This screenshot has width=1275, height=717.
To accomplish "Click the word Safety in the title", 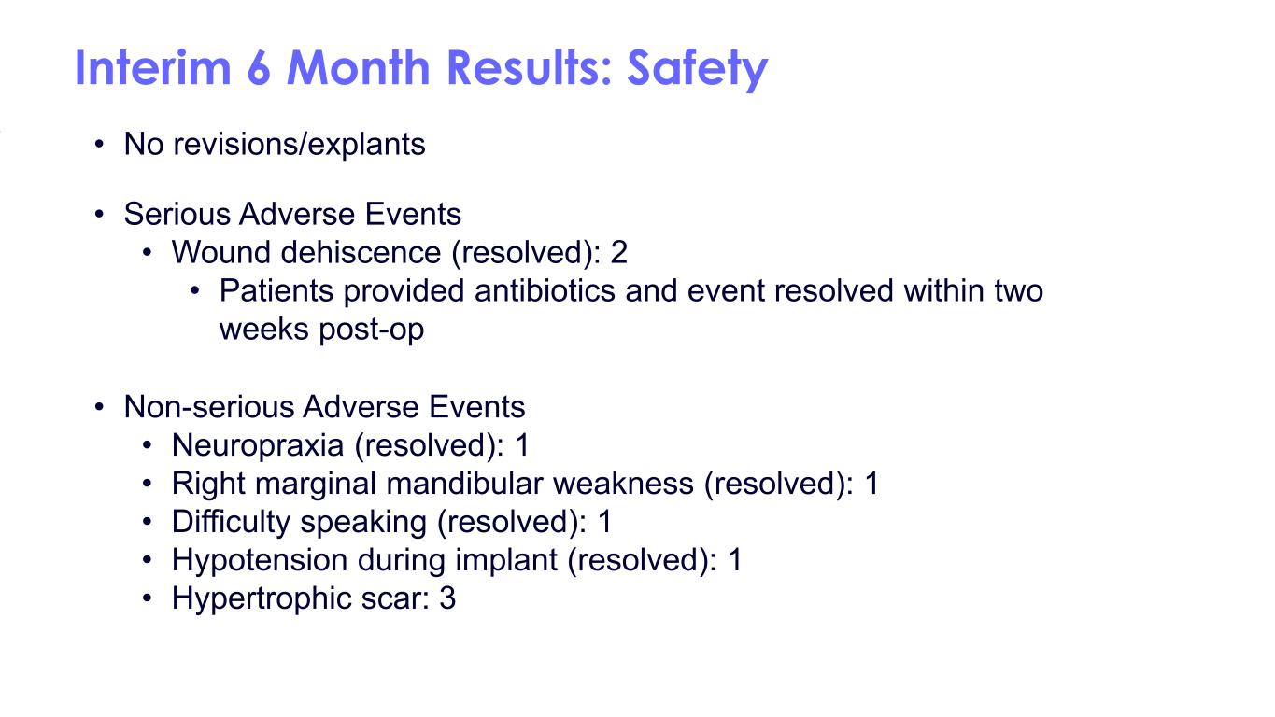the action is [x=697, y=69].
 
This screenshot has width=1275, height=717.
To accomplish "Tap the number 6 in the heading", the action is [x=259, y=68].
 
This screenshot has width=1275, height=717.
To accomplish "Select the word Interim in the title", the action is [x=152, y=68].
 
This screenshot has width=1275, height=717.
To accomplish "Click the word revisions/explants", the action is [x=300, y=144].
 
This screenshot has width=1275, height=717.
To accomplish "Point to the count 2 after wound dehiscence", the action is [x=618, y=252].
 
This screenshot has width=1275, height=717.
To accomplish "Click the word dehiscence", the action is [x=361, y=252].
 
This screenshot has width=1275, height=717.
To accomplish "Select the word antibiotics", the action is [x=545, y=290].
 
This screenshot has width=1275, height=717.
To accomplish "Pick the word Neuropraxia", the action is [x=257, y=445].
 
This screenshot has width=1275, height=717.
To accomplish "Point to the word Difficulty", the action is [x=231, y=523].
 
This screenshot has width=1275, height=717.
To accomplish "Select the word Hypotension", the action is [x=260, y=560].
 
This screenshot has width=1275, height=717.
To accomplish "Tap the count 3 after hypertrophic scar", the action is [x=447, y=598].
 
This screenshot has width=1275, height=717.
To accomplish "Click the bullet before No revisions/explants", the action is [x=100, y=144].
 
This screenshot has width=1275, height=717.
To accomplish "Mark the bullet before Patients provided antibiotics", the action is [x=195, y=291].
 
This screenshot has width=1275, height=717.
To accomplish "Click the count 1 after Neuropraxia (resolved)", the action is [x=522, y=445].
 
